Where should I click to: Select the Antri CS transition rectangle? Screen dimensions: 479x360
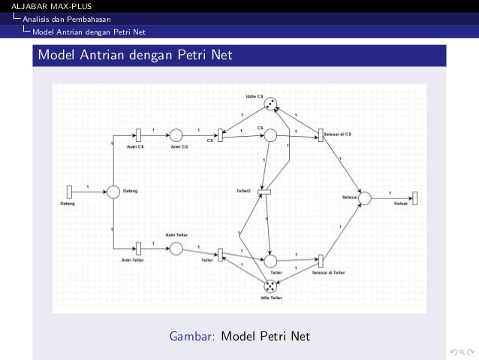coord(139,135)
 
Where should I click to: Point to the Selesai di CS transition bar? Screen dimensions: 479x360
coord(321,135)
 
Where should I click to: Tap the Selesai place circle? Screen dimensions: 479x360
coord(366,198)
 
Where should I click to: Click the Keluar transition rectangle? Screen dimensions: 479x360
coord(415,198)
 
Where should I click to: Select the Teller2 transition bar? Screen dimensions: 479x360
coord(264,193)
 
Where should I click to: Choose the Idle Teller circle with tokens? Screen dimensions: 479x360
coord(271,286)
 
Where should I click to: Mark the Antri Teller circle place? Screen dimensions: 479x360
coord(176,248)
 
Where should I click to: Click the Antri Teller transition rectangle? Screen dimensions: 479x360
coord(139,248)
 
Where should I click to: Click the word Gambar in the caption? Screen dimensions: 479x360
coord(193,335)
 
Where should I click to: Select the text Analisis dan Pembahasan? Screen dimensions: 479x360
coord(67,19)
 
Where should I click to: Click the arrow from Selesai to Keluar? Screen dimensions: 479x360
coord(391,198)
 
